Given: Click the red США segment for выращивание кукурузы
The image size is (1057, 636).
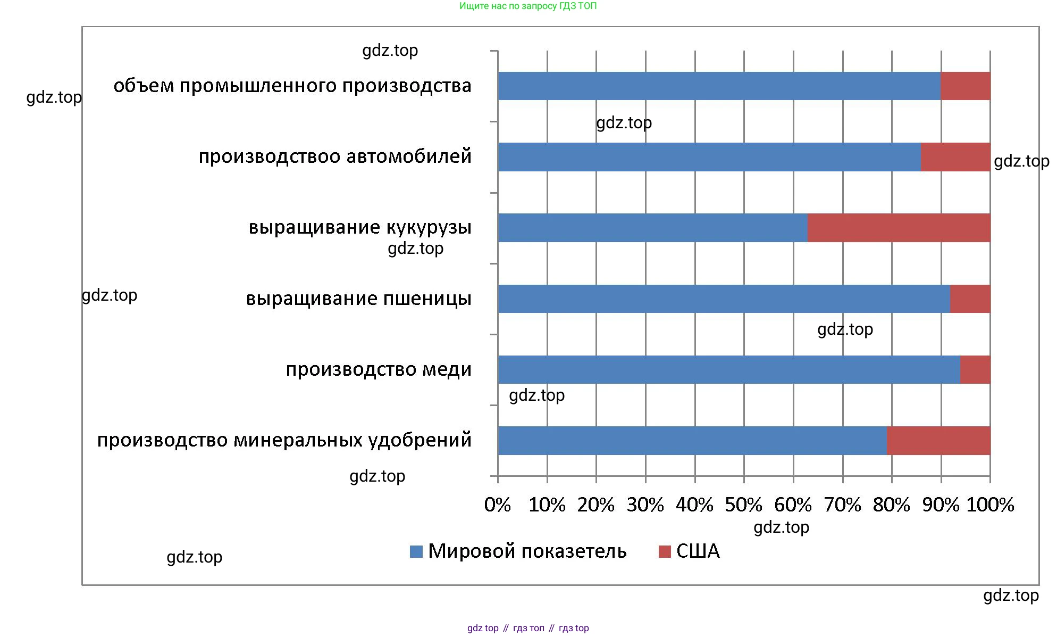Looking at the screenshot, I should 899,228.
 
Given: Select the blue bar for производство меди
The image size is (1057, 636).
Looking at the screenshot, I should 728,369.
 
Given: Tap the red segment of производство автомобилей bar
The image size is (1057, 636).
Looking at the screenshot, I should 955,157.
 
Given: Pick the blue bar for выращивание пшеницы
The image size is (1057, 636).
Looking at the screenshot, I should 723,299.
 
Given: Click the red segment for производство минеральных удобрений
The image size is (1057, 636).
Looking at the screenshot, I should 938,441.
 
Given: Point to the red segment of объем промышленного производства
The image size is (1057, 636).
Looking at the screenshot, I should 965,86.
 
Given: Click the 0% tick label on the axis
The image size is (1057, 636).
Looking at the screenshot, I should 497,505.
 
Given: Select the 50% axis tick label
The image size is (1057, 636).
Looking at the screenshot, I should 743,505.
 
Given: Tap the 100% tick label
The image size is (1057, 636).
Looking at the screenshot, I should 990,505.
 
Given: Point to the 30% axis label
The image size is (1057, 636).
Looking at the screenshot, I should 645,505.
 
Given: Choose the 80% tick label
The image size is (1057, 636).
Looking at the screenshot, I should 891,505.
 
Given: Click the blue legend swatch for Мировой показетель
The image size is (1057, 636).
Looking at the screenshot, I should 416,551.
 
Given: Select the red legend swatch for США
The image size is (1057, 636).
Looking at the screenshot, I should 664,551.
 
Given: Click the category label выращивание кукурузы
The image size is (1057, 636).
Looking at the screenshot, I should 360,227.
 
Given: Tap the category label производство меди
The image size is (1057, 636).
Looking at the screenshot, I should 379,369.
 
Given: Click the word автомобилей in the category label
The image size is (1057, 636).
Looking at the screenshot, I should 409,156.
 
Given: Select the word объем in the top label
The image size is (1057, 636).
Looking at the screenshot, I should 144,86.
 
